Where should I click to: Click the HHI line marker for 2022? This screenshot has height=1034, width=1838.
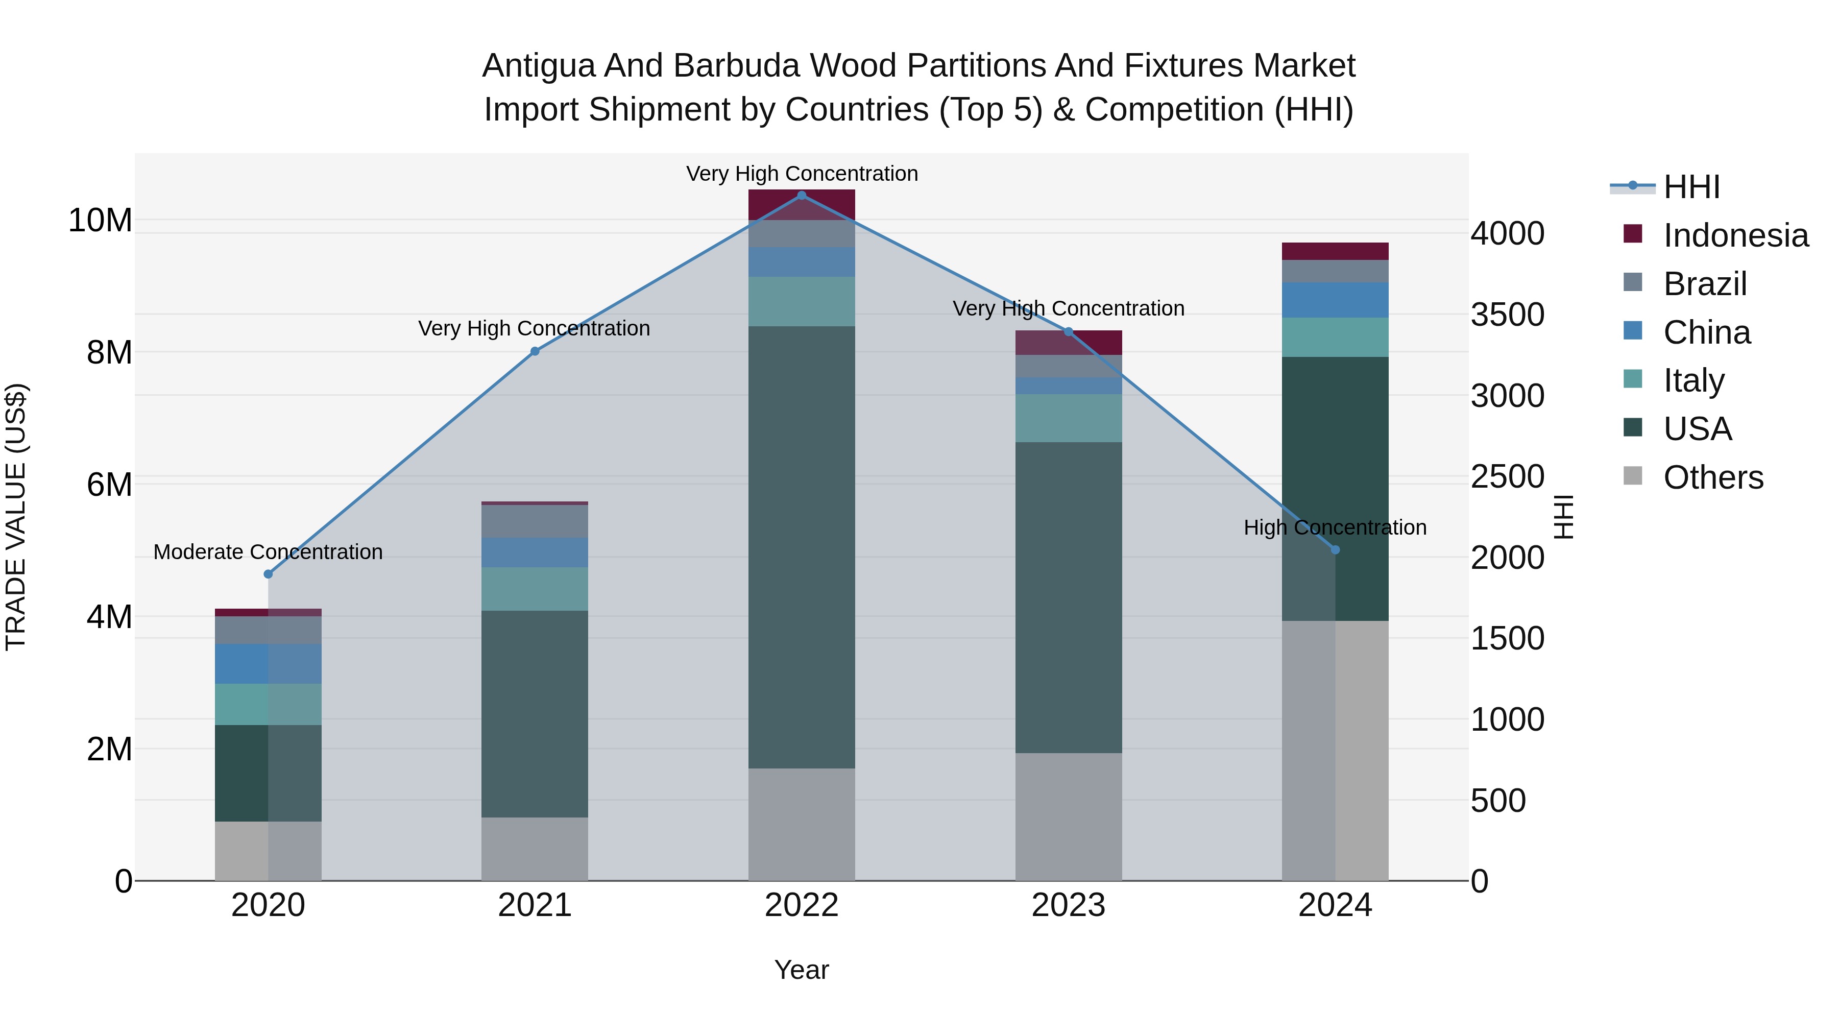click(801, 196)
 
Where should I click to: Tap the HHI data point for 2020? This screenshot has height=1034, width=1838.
click(268, 574)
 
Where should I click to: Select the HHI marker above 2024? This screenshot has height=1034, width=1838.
click(1335, 549)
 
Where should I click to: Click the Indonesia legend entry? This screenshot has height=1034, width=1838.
click(1735, 235)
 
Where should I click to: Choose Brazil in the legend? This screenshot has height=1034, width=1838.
click(1705, 284)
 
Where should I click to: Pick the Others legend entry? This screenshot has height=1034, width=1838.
click(1712, 477)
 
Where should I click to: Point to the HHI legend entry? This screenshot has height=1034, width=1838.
click(1691, 187)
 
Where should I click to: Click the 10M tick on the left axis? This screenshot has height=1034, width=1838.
click(100, 221)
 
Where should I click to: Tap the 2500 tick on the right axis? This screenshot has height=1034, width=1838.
click(1507, 477)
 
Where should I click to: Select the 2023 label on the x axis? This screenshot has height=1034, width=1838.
click(1068, 905)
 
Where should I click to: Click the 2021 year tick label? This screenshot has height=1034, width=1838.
click(535, 905)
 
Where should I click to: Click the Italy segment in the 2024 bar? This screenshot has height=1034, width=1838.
click(1335, 337)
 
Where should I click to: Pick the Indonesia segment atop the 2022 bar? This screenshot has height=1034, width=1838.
click(801, 205)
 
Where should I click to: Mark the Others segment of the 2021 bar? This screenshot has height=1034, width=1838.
click(535, 849)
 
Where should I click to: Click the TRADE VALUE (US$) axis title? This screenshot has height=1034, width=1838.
click(16, 517)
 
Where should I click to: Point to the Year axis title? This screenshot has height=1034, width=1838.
click(801, 970)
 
